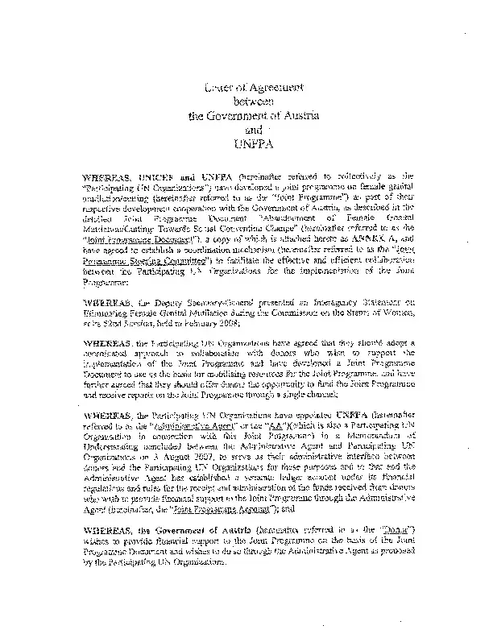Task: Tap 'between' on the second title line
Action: click(253, 101)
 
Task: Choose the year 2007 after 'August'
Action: click(213, 457)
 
